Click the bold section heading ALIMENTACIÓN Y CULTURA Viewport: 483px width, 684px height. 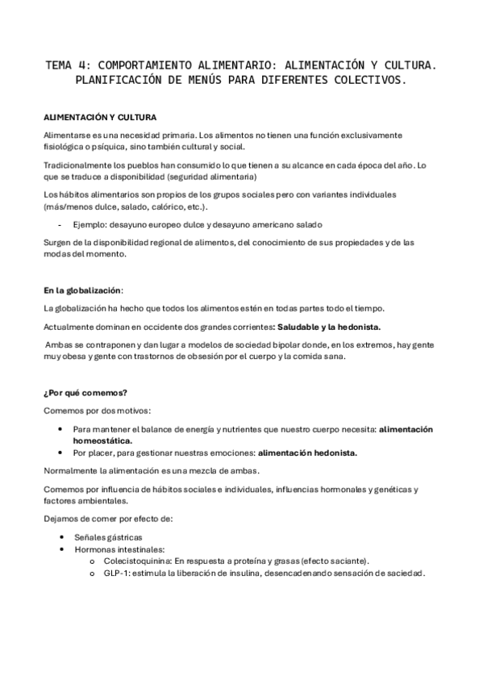[99, 118]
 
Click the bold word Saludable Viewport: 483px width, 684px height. [302, 327]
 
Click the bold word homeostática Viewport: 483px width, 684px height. [102, 441]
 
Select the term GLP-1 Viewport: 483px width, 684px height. [118, 573]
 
